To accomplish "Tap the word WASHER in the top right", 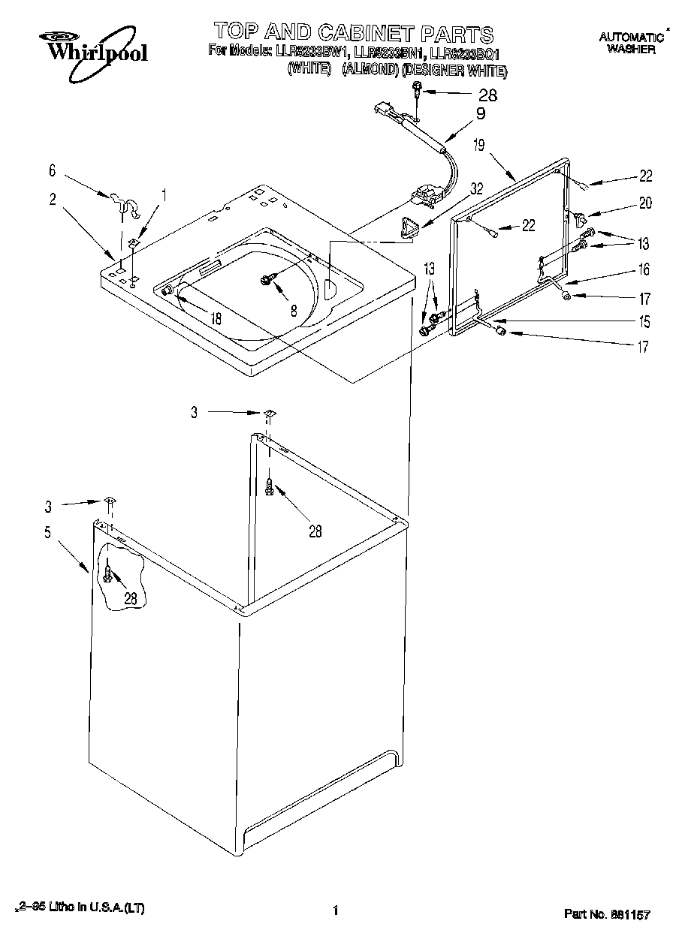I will [631, 50].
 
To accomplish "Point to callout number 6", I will [53, 171].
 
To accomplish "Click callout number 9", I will [480, 114].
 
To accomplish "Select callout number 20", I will [645, 202].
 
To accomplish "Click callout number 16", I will [644, 270].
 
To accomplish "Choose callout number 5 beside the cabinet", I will [47, 533].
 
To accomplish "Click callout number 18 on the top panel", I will [216, 318].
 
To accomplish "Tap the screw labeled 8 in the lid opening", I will [267, 279].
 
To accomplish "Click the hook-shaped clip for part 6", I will [127, 205].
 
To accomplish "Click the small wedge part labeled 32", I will [410, 227].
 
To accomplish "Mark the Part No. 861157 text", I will [606, 914].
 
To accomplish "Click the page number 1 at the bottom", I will [336, 911].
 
